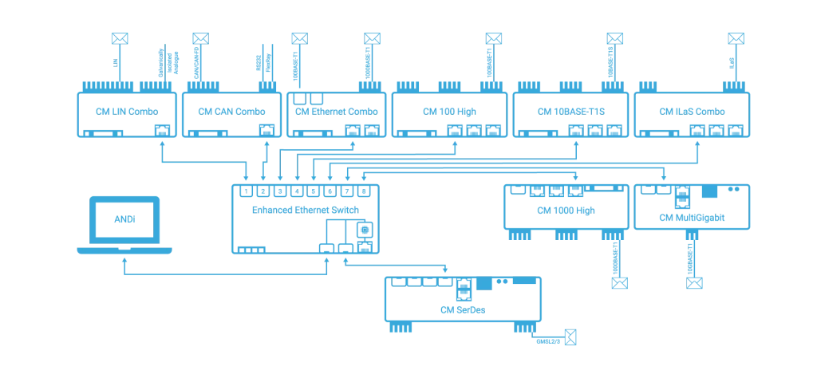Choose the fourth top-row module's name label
point(451,110)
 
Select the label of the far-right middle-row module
point(692,215)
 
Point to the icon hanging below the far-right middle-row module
point(696,282)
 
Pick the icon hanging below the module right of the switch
point(616,282)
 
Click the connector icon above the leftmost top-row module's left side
point(119,37)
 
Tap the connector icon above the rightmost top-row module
point(736,37)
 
